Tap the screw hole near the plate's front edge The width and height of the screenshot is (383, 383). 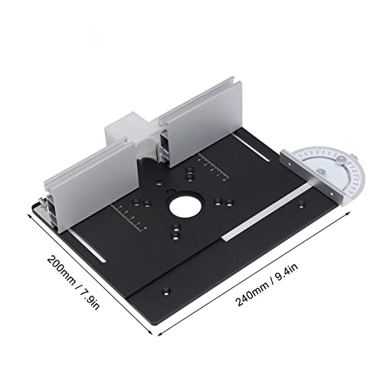click(165, 290)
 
